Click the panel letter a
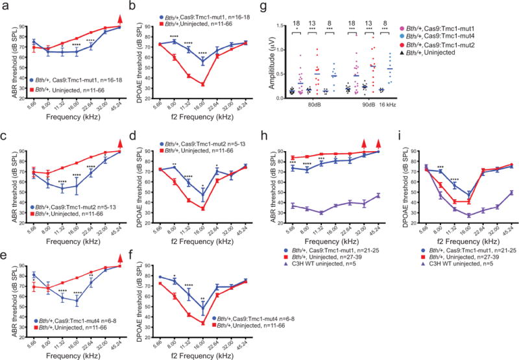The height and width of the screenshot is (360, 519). (5, 6)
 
